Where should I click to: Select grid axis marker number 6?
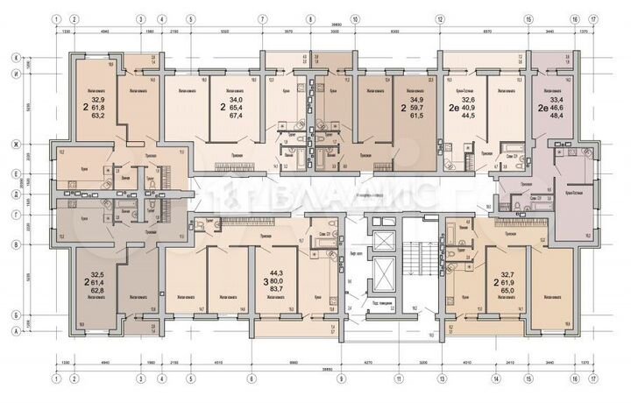click(252, 378)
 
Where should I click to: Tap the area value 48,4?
click(556, 114)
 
